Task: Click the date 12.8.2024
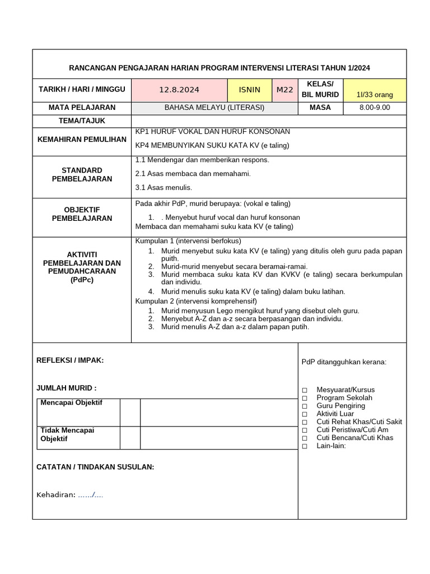coord(179,90)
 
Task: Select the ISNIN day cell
coord(250,90)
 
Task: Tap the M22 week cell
coord(285,90)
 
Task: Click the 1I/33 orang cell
coord(375,95)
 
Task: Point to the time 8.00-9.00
coord(375,108)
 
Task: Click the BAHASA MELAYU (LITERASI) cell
coord(214,108)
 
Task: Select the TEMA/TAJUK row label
coord(82,121)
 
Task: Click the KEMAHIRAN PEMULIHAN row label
coord(82,139)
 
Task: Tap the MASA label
coord(320,108)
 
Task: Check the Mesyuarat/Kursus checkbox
coord(305,390)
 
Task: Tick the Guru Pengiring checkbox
coord(305,406)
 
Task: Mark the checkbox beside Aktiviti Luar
coord(305,414)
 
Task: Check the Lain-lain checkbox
coord(305,446)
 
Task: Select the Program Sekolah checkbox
coord(305,398)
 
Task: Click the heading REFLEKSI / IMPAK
coord(70,360)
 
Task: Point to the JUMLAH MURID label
coord(66,388)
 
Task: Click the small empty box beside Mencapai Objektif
coord(130,413)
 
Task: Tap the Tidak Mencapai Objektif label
coord(68,434)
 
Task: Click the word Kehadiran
coord(56,495)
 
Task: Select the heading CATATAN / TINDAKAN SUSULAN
coord(95,467)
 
